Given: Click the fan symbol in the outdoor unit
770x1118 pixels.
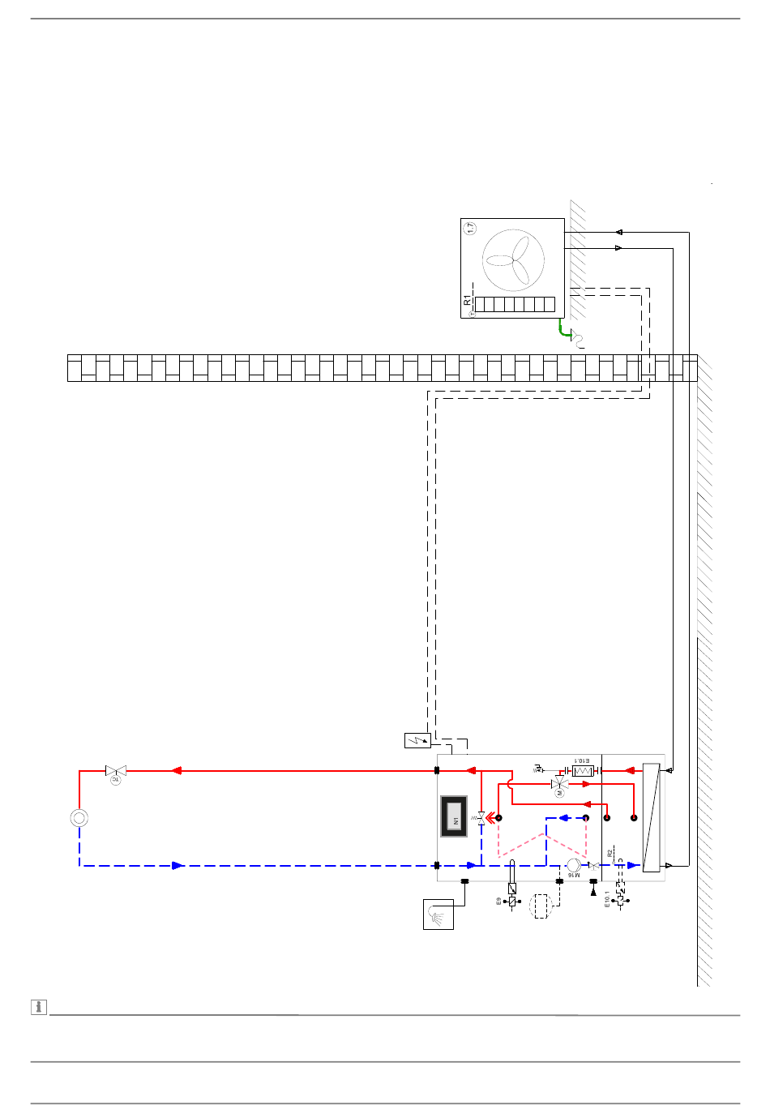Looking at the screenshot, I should tap(513, 260).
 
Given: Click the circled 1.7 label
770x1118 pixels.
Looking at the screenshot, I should tap(471, 229).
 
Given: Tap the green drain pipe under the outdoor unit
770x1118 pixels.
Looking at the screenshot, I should tap(561, 329).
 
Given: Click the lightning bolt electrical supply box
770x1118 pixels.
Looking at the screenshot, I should tap(417, 740).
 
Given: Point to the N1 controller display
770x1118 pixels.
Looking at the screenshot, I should tap(454, 817).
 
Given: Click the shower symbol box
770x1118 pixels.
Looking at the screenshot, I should tap(438, 915).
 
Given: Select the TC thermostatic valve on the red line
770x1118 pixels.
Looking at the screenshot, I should tap(116, 772).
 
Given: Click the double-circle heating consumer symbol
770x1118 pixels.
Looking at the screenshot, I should tap(79, 817).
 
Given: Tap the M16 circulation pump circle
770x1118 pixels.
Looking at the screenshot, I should tap(574, 866).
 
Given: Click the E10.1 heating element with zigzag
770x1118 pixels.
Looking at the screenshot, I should tap(583, 770).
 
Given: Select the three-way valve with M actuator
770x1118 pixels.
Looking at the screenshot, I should tap(560, 785).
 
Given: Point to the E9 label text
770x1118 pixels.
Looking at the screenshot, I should tap(499, 902).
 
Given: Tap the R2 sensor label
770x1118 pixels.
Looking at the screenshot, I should tap(610, 853).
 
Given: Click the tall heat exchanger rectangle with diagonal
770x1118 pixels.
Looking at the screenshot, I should tap(651, 817).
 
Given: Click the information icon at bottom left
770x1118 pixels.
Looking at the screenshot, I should tap(38, 1007).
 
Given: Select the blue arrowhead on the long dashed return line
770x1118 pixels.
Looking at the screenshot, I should tap(178, 866).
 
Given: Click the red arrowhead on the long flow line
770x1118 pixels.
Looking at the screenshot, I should tap(176, 771).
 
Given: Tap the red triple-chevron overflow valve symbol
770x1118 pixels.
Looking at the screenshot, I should tap(489, 818).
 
